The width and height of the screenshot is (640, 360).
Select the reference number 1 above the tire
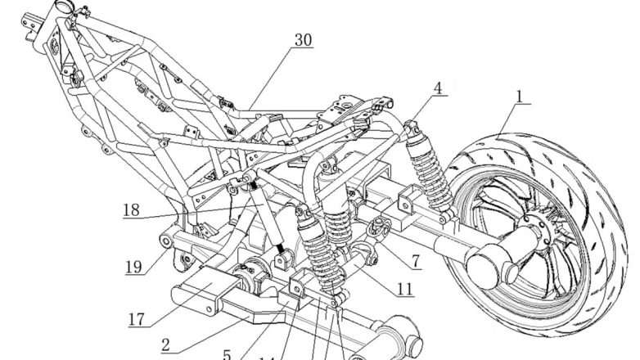(517, 96)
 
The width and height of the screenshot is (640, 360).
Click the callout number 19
(134, 266)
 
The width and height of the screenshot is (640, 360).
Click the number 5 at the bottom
(228, 354)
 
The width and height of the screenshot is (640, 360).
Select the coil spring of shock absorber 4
(429, 176)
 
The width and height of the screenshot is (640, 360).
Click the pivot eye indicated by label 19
(165, 241)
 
